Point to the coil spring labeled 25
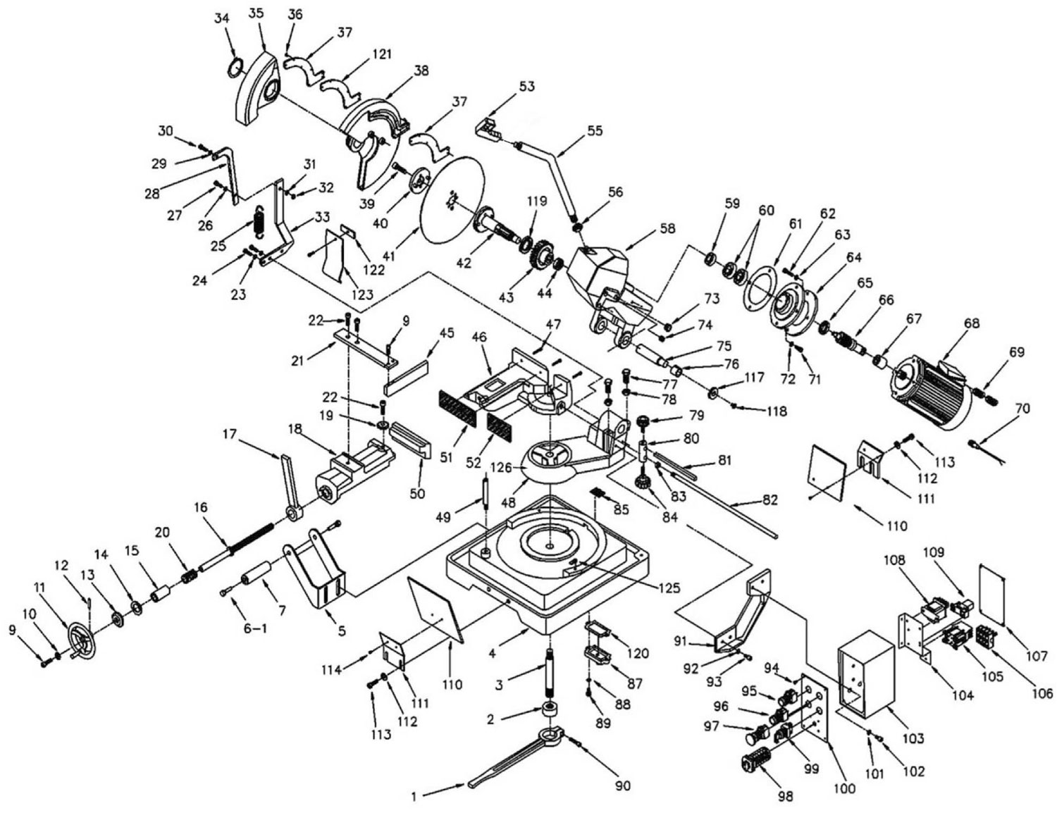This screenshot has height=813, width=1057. (258, 223)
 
